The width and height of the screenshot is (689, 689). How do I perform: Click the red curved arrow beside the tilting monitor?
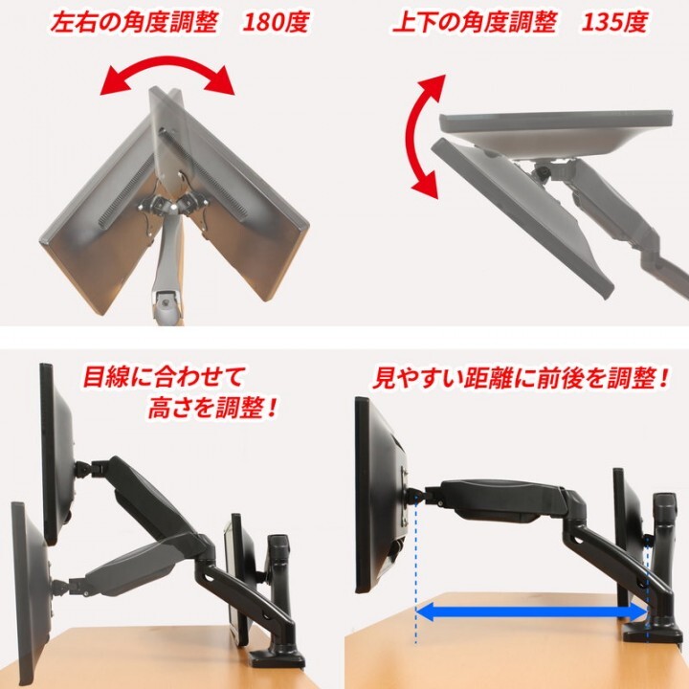pos(418,139)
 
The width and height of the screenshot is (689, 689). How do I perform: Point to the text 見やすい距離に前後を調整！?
pos(521,378)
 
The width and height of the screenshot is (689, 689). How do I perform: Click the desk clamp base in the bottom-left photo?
pos(278,658)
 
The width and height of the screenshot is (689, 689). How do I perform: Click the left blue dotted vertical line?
pos(417,574)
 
